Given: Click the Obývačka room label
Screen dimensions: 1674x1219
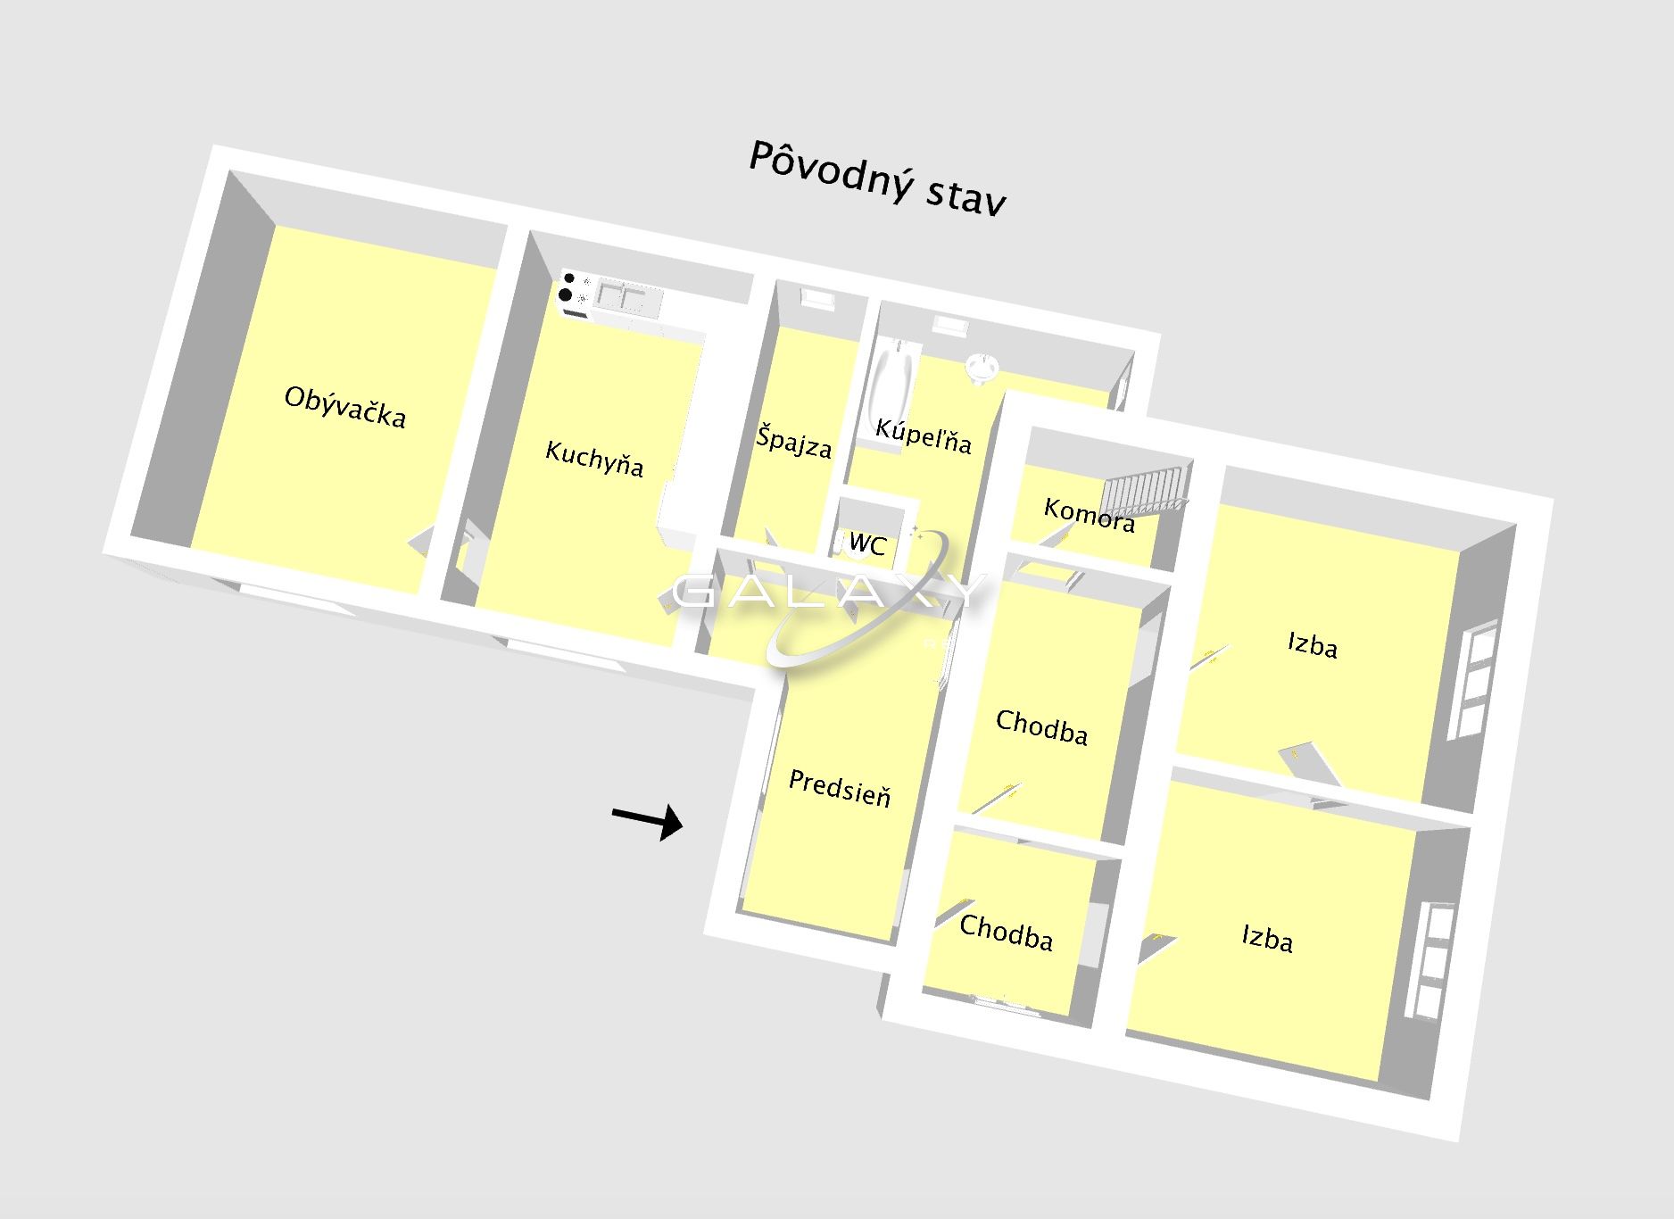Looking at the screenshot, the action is coord(345,407).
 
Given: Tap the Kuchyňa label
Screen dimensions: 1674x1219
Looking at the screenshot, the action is coord(594,458).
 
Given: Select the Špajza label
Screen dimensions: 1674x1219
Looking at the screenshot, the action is coord(794,441).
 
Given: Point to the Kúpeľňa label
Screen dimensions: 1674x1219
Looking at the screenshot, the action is coord(923,435).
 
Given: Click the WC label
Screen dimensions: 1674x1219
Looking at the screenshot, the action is coord(867,543).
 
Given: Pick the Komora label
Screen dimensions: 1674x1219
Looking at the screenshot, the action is coord(1090,515).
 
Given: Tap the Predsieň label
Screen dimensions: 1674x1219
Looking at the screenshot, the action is coord(840,788).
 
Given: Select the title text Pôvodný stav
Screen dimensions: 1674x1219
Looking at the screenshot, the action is coord(877,177).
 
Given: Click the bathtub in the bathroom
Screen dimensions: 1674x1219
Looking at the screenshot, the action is coord(889,390).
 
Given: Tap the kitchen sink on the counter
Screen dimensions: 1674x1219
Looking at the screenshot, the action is coord(622,295).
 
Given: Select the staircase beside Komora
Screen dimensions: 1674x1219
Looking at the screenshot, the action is coord(1146,493).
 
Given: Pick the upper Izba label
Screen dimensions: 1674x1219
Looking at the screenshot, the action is coord(1313,644).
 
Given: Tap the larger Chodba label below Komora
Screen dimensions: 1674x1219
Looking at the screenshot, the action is coord(1041,726).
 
